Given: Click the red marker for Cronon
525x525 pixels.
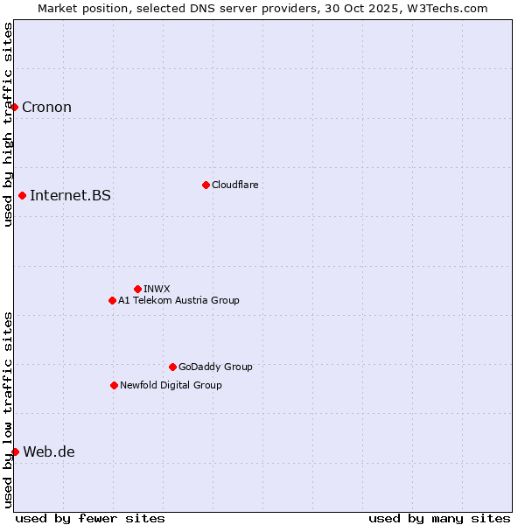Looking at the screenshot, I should coord(15,107).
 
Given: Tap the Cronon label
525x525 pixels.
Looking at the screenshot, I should coord(46,108).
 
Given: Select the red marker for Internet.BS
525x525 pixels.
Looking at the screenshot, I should coord(23,195).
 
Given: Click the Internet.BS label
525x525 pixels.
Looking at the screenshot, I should coord(70,196).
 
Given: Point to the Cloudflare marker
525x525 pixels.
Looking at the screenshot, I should coord(206,185).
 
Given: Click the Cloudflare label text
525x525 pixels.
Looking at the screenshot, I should coord(234,185).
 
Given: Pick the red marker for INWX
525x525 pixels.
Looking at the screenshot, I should coord(137,289).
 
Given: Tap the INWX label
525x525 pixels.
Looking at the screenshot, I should coord(157,290).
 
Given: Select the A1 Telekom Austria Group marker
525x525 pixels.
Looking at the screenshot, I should coord(112,300).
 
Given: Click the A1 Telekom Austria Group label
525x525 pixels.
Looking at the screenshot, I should coord(178,301).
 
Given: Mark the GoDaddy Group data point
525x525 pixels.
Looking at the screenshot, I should coord(172,367).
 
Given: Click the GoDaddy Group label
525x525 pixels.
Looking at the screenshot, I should coord(214,367).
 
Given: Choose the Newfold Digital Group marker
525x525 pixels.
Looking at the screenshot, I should coord(114,385).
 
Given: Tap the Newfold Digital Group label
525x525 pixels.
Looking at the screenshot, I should coord(171,386).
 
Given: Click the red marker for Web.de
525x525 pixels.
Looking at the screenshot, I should coord(15,451).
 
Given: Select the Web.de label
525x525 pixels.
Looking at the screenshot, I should coord(49,452).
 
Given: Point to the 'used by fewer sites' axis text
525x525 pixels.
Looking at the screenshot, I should coord(90,518).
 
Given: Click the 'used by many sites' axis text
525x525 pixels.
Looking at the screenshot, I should coord(439,518).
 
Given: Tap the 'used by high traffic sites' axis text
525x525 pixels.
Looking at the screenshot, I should coord(8,124).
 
